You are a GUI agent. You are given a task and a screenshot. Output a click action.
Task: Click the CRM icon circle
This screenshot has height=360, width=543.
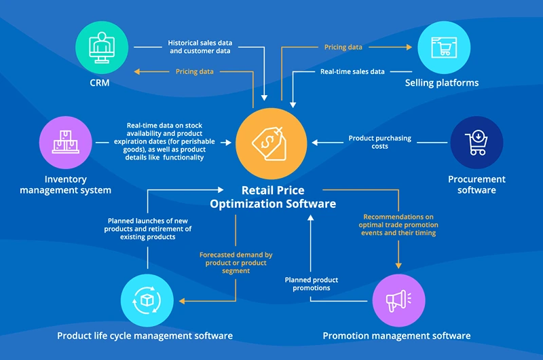(x=99, y=47)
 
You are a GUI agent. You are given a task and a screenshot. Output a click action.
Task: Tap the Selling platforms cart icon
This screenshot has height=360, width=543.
(x=442, y=47)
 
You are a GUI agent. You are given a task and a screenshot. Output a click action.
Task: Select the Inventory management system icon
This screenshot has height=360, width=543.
(x=66, y=142)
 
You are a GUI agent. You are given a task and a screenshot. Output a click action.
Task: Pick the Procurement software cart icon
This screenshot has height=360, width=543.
(x=476, y=142)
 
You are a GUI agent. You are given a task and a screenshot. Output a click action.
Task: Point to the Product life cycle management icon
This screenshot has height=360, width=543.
(x=145, y=299)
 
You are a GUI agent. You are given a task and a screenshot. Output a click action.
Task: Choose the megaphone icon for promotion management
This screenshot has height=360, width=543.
(x=398, y=299)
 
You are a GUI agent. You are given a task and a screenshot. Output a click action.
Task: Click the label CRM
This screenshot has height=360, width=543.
(x=99, y=84)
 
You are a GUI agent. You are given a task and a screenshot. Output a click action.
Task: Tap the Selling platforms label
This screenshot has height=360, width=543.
(x=442, y=83)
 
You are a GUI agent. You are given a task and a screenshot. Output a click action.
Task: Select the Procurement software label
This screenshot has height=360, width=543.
(x=476, y=185)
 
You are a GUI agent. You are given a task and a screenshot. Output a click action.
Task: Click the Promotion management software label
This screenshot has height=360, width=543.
(x=396, y=336)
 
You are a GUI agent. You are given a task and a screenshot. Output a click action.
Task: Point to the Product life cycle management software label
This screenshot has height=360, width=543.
(x=145, y=336)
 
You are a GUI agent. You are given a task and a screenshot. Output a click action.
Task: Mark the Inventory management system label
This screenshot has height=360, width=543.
(x=66, y=185)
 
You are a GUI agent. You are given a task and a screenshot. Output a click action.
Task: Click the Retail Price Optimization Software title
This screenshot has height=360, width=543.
(x=273, y=197)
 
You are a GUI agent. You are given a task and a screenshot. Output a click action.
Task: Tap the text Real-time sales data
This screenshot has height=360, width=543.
(x=352, y=71)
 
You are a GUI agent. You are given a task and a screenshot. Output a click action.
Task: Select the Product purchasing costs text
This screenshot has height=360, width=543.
(x=380, y=142)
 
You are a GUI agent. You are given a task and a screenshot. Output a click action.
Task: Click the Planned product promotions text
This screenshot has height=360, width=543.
(x=312, y=284)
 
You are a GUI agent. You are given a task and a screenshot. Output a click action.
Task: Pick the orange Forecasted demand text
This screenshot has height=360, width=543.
(x=236, y=263)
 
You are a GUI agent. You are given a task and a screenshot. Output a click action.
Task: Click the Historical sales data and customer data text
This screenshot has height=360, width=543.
(x=200, y=47)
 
